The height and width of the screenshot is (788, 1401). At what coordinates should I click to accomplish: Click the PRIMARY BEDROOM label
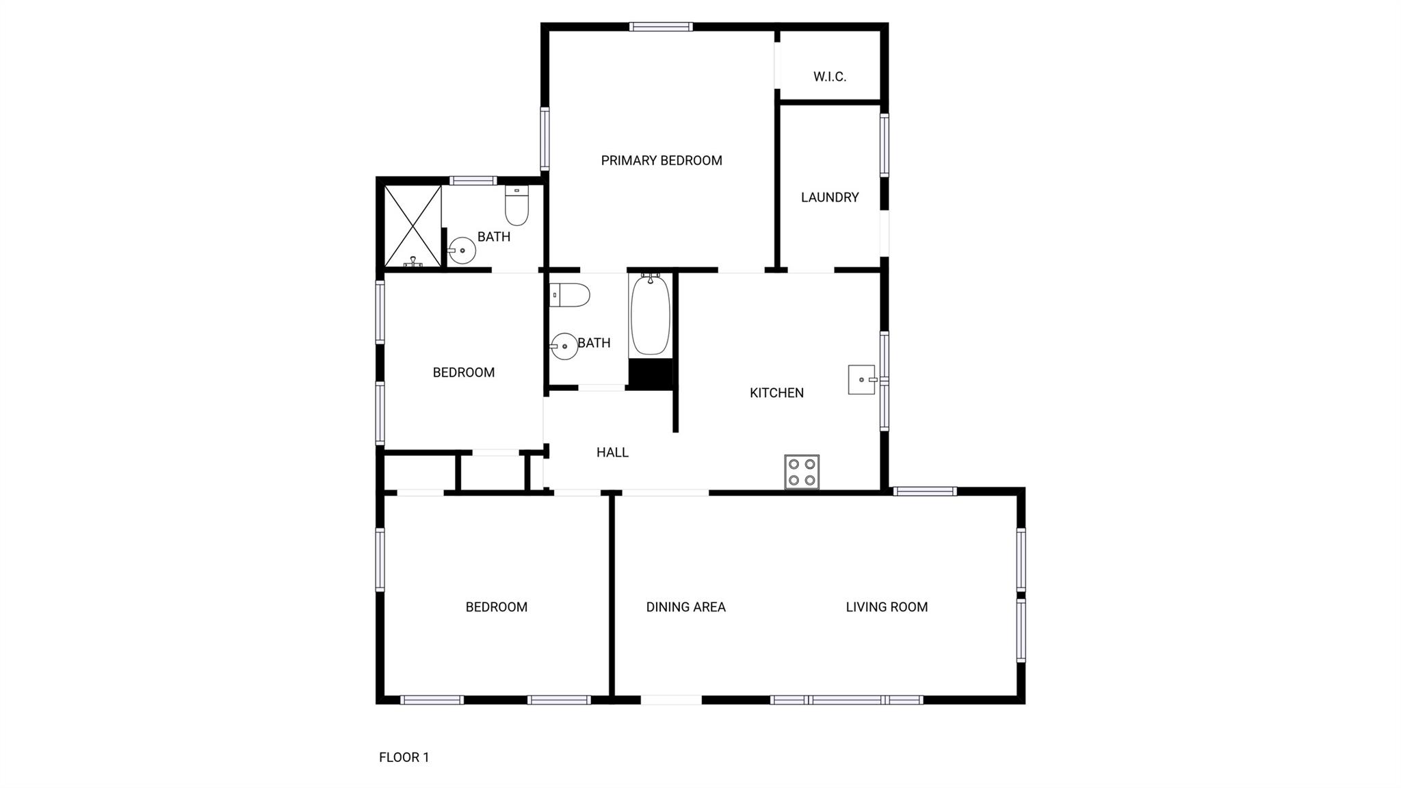point(662,160)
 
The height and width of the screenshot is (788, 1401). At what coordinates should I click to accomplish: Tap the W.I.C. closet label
point(830,77)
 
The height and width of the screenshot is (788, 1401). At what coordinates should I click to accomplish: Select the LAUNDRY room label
point(830,197)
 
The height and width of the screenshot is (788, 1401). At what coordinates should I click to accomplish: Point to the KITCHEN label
point(776,393)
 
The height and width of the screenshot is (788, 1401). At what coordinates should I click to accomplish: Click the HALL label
point(612,453)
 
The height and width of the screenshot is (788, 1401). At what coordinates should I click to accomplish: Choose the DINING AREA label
point(685,607)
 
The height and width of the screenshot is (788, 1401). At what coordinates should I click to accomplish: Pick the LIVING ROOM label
point(887,607)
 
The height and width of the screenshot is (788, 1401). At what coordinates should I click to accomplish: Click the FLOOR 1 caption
point(404,757)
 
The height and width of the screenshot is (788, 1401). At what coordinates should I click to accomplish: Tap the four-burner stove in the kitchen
point(802,472)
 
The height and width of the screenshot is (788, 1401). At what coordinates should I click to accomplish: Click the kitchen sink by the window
point(863,380)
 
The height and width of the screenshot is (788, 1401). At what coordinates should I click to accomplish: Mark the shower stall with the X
point(413,226)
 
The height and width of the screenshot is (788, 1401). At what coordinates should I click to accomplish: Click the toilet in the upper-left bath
point(517,205)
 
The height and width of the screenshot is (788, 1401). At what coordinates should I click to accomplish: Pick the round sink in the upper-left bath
point(462,251)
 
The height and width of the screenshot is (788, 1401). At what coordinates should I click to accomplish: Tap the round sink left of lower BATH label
point(564,346)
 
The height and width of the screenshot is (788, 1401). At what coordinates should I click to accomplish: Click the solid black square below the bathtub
point(651,374)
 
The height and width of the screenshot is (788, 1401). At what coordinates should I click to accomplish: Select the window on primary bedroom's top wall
point(661,27)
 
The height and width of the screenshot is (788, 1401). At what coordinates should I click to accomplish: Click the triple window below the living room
point(846,700)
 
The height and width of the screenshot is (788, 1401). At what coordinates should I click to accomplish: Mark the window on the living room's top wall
point(925,491)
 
